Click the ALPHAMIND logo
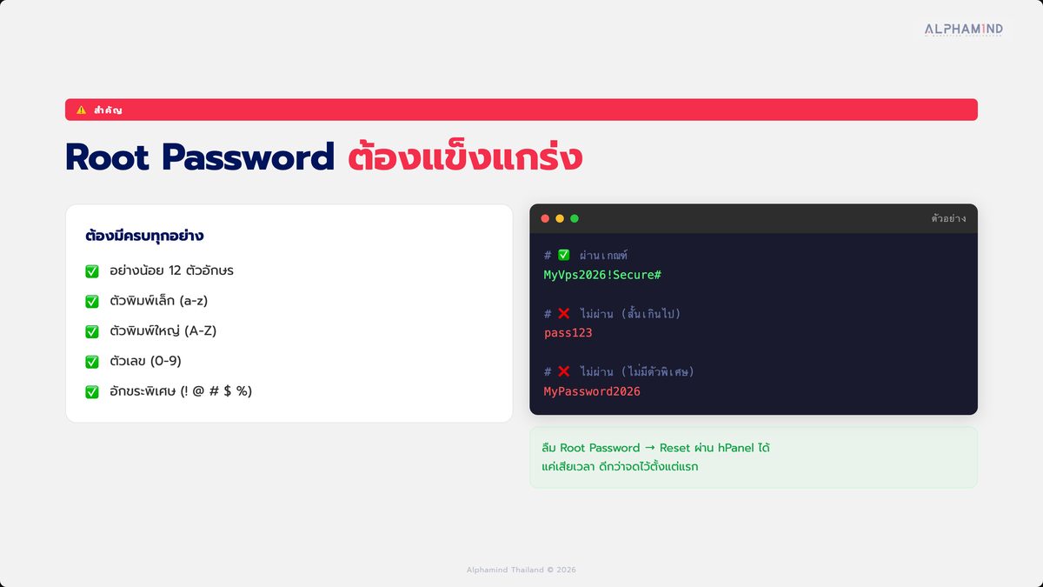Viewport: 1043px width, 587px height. [963, 30]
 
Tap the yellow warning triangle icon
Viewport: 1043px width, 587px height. [82, 110]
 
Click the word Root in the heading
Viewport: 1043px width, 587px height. [108, 157]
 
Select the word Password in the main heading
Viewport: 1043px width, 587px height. [249, 157]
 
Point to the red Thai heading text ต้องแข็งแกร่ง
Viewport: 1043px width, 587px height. [465, 155]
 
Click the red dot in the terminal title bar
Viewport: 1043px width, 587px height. [545, 218]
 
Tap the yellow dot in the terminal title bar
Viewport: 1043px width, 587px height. [560, 218]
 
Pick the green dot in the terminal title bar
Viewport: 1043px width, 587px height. [575, 218]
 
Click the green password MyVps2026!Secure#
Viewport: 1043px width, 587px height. [602, 275]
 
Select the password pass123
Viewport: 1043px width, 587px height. [568, 332]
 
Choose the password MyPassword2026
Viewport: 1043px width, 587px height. [592, 391]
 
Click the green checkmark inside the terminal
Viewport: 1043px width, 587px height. [564, 255]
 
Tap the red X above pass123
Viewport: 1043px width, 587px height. [564, 313]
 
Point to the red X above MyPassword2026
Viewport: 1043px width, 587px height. [564, 371]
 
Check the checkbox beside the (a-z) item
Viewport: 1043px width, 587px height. [92, 302]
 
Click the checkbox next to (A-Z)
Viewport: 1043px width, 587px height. [92, 331]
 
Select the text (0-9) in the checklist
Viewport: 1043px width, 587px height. [166, 361]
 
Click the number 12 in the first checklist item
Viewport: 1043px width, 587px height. [175, 270]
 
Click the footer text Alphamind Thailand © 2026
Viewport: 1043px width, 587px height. [521, 570]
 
